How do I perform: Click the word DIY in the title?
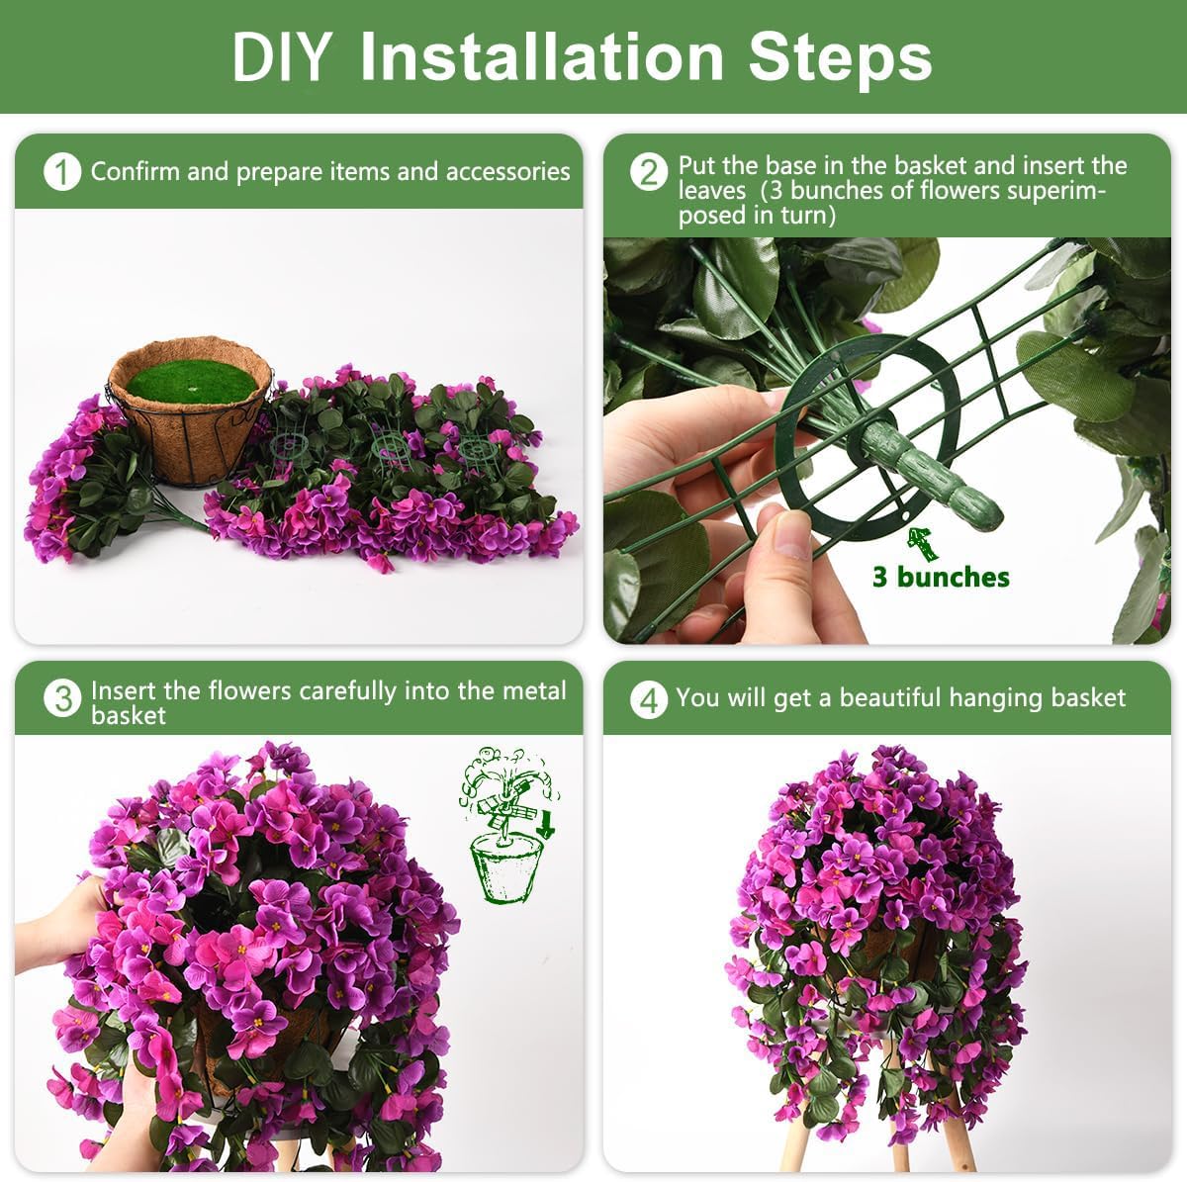280,57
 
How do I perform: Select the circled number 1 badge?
61,172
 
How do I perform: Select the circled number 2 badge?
649,172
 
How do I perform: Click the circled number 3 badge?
61,699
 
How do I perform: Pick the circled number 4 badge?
649,699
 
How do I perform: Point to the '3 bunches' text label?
940,578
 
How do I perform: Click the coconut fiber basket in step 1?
188,435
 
